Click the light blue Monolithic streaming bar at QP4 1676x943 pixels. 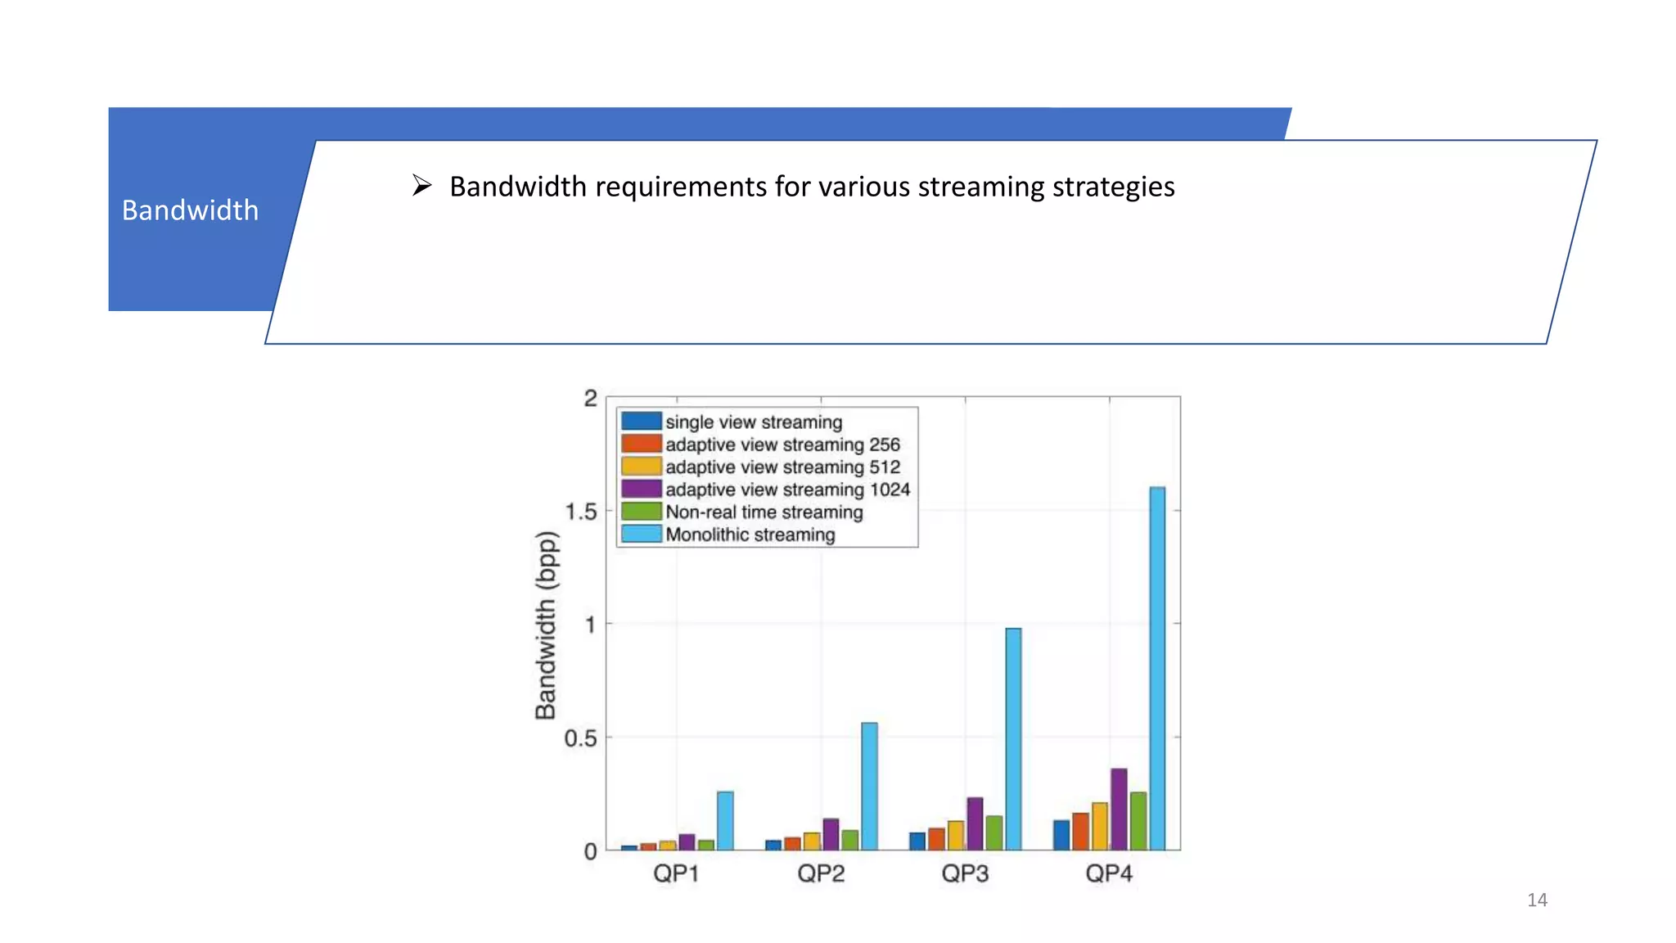pyautogui.click(x=1157, y=668)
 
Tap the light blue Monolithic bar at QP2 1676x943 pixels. pyautogui.click(x=869, y=786)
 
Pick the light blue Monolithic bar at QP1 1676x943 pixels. pyautogui.click(x=725, y=820)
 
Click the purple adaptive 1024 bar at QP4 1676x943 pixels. pyautogui.click(x=1119, y=809)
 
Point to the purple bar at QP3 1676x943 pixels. pyautogui.click(x=975, y=823)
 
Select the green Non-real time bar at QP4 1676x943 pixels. pyautogui.click(x=1138, y=820)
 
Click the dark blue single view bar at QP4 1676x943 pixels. pyautogui.click(x=1061, y=835)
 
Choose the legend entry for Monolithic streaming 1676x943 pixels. pyautogui.click(x=750, y=535)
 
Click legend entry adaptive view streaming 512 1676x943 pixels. pyautogui.click(x=782, y=467)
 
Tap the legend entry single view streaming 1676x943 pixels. pyautogui.click(x=753, y=422)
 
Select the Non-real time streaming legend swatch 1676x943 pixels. pyautogui.click(x=641, y=512)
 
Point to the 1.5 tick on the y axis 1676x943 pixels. pyautogui.click(x=581, y=512)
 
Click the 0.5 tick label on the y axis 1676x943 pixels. pyautogui.click(x=580, y=738)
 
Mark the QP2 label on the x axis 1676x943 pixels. pyautogui.click(x=821, y=873)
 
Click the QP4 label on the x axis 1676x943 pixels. pyautogui.click(x=1109, y=873)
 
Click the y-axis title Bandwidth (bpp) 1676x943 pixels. pyautogui.click(x=546, y=625)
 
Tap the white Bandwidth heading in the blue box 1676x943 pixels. pyautogui.click(x=190, y=210)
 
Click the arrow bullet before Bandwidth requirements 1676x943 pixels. pyautogui.click(x=421, y=186)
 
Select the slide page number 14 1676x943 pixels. pyautogui.click(x=1537, y=900)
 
